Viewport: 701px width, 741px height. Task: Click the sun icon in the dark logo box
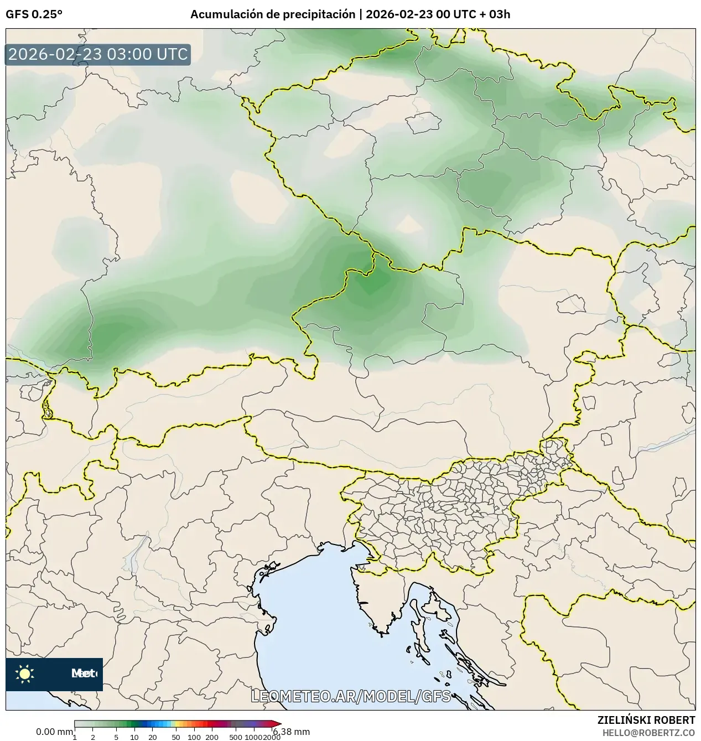coord(25,673)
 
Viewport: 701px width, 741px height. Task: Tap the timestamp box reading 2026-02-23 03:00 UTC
coord(98,54)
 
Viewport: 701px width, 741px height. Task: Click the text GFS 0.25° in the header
coord(34,14)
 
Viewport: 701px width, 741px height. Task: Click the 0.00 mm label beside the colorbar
coord(54,732)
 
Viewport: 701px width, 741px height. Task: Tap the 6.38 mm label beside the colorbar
coord(292,732)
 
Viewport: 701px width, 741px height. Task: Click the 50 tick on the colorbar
coord(176,737)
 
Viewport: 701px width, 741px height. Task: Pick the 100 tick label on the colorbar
coord(194,737)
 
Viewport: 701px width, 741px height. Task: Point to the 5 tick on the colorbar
coord(116,737)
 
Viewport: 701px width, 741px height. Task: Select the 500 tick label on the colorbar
coord(236,737)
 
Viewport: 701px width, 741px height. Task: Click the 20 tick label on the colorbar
coord(153,737)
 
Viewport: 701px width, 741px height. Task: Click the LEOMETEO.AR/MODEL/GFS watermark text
coord(351,696)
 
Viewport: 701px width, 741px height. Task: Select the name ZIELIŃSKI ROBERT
coord(646,720)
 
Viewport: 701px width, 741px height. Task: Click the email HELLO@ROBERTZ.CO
coord(648,733)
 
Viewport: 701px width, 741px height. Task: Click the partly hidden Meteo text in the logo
coord(84,673)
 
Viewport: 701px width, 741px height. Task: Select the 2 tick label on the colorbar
coord(93,737)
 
